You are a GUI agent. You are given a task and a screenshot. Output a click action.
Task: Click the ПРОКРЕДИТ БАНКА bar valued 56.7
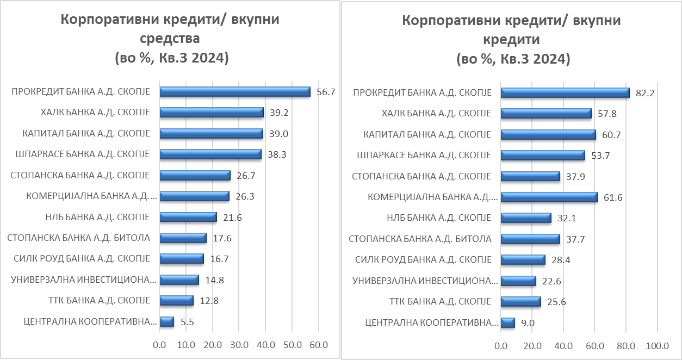[234, 92]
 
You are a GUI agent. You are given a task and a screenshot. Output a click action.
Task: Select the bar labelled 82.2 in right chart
[565, 93]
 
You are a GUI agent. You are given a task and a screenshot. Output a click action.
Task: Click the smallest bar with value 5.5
[167, 321]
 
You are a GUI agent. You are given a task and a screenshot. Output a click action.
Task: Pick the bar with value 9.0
[507, 322]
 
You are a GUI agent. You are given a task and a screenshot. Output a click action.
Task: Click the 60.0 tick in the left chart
[318, 345]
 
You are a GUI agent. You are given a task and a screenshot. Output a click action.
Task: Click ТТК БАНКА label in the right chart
[440, 301]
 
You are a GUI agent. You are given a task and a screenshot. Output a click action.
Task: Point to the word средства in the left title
[170, 39]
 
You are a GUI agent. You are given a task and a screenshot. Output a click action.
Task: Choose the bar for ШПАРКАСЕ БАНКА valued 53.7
[542, 156]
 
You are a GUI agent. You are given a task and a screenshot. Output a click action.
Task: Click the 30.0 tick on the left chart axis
[239, 345]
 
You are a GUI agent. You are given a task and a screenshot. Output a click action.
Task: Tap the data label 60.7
[611, 135]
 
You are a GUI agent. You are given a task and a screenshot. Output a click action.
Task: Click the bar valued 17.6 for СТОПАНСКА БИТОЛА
[183, 238]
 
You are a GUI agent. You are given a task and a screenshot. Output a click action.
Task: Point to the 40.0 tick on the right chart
[563, 346]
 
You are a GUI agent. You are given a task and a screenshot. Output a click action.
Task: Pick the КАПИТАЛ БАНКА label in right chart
[427, 134]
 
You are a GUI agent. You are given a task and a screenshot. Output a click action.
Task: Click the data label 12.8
[208, 300]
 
